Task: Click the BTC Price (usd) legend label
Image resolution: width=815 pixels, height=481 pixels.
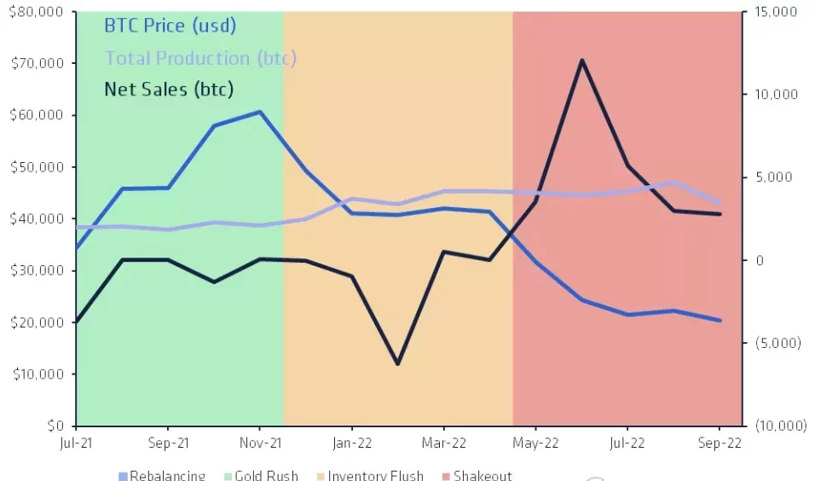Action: (x=169, y=26)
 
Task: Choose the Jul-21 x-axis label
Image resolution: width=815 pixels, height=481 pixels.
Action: (x=76, y=443)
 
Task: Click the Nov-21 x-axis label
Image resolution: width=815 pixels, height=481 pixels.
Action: (x=259, y=443)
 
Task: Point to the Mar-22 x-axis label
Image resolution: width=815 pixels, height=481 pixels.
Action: (x=443, y=443)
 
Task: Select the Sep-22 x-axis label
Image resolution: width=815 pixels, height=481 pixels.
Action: (x=720, y=443)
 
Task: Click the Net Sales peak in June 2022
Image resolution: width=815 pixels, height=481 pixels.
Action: (x=581, y=61)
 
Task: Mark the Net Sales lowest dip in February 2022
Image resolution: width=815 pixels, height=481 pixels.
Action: (x=397, y=364)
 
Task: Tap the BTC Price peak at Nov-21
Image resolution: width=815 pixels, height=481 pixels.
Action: (x=259, y=112)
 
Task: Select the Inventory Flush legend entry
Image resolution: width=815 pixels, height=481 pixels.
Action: (x=374, y=475)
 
